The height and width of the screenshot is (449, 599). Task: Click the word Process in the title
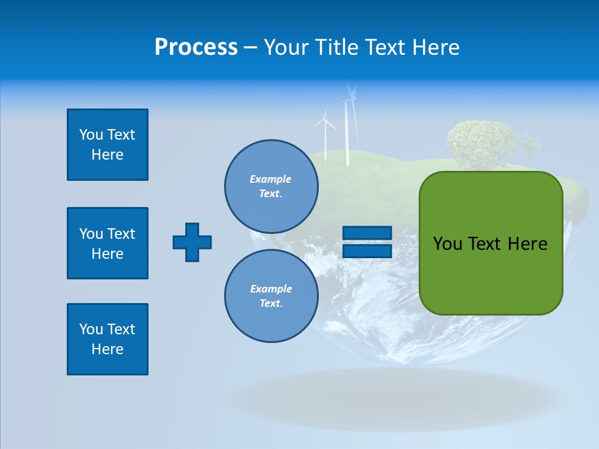(x=196, y=47)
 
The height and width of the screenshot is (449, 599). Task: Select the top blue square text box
(x=107, y=145)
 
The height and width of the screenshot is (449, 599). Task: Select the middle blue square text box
(x=107, y=243)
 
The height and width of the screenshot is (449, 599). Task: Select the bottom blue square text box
(x=107, y=339)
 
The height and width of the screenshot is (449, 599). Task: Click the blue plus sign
(x=192, y=242)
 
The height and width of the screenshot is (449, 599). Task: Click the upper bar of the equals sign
(x=367, y=233)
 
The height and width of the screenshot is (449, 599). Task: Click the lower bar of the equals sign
(x=367, y=251)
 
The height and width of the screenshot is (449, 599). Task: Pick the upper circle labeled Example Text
(x=271, y=186)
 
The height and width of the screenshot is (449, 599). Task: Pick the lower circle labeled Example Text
(x=271, y=296)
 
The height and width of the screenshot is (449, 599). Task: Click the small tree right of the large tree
(x=530, y=147)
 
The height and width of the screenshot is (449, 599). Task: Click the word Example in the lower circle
(x=271, y=289)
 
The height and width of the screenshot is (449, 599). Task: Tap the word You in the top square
(x=90, y=135)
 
